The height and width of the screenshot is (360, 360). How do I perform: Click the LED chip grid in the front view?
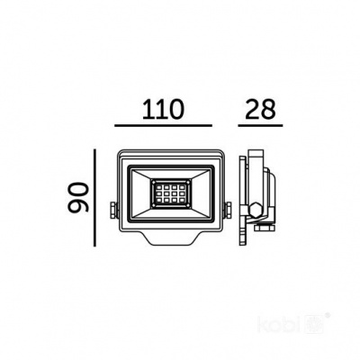[168, 193]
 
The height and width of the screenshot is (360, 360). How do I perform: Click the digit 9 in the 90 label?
[80, 208]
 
